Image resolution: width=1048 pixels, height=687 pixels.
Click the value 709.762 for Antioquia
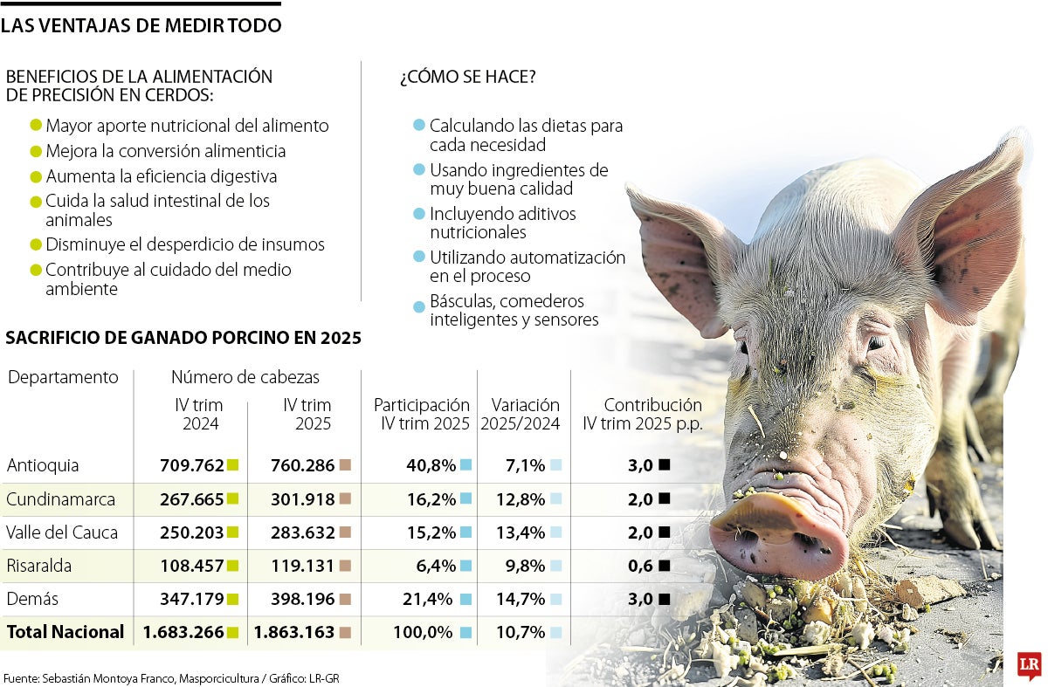point(192,465)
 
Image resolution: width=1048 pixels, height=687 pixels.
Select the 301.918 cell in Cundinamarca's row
point(295,499)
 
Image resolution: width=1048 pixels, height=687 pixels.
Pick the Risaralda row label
point(39,566)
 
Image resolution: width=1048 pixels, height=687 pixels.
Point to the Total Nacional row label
point(65,632)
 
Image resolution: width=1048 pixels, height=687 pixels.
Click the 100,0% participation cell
point(424,632)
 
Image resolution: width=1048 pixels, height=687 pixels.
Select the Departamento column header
point(63,377)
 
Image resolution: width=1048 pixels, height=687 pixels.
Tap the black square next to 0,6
point(664,566)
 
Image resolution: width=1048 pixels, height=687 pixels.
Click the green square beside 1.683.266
point(232,632)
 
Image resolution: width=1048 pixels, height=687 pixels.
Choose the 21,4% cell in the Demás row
point(429,599)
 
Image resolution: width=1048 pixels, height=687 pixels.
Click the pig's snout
point(777,532)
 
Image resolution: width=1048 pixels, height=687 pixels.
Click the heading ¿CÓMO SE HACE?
point(468,78)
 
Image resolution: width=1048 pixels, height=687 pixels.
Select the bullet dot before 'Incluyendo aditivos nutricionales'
point(419,213)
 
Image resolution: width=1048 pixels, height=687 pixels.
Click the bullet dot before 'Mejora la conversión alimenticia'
point(36,151)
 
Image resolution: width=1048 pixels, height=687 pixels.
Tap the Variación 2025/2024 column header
point(525,414)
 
